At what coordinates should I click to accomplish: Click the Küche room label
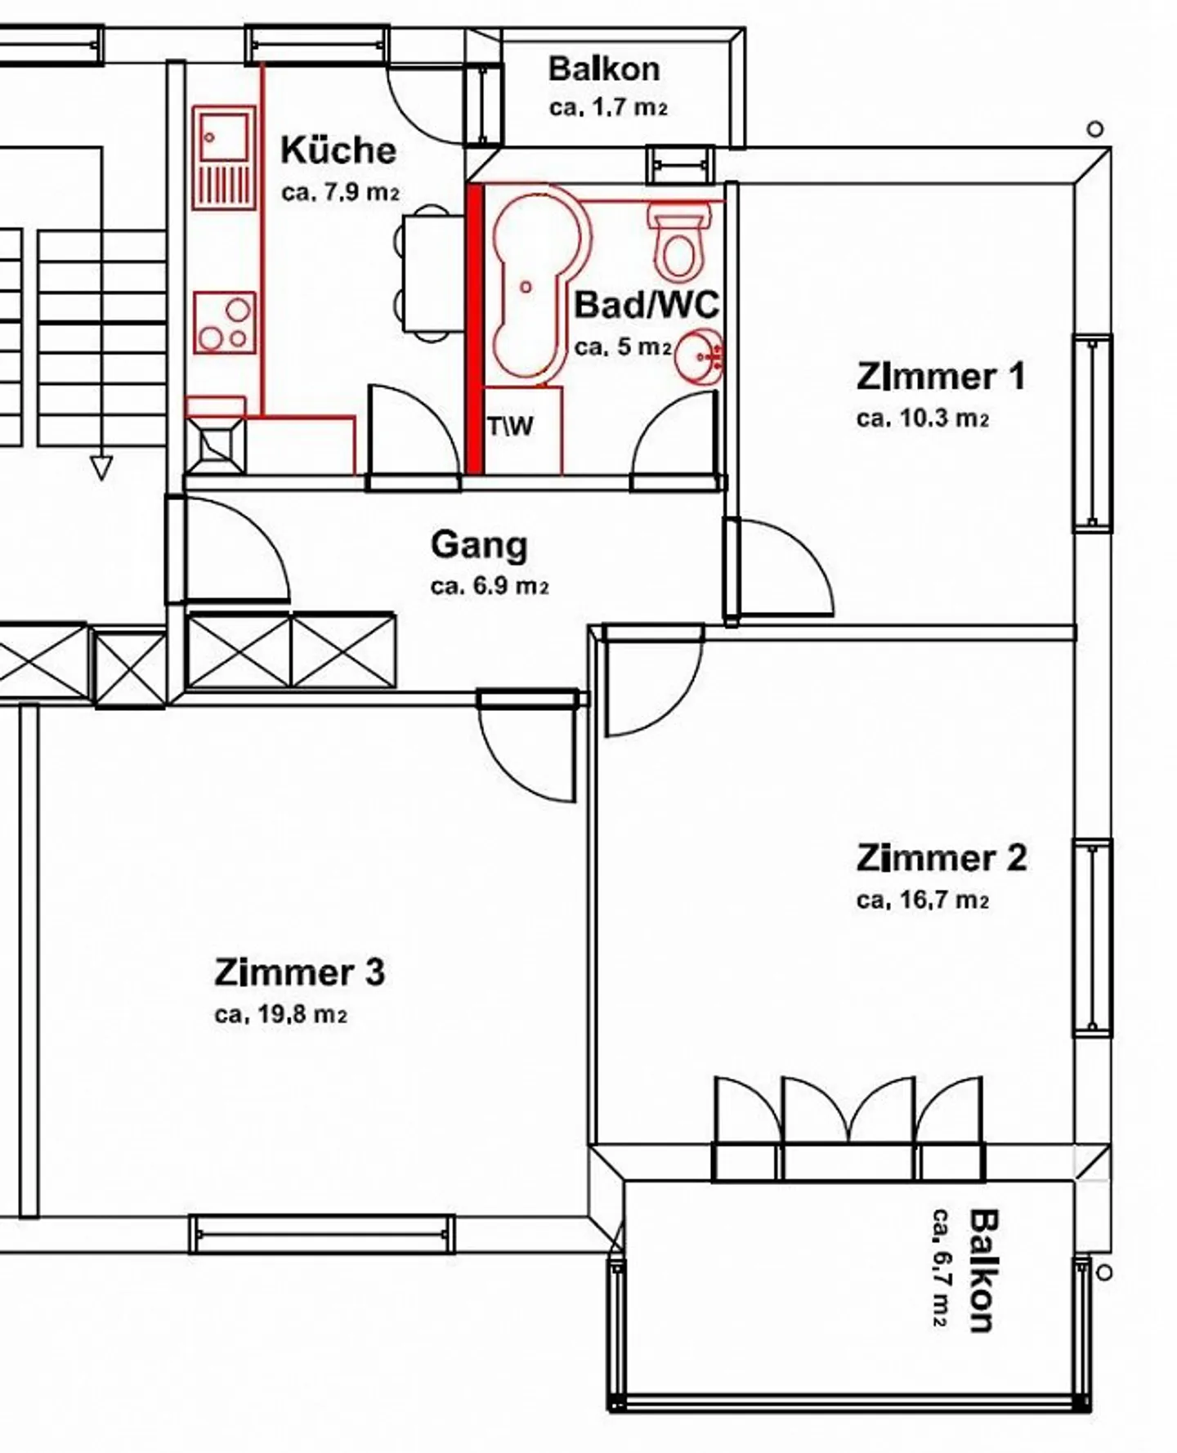[338, 151]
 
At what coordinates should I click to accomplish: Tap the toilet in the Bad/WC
[678, 241]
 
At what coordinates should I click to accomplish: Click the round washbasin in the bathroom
[700, 356]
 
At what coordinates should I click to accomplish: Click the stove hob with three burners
[225, 323]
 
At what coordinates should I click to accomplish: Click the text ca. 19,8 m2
[280, 1015]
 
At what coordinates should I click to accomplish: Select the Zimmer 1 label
[940, 378]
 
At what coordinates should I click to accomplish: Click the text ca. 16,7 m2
[923, 901]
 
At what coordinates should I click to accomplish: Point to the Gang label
[479, 545]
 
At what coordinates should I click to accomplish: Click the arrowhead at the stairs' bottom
[101, 468]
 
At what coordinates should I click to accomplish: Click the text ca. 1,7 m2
[608, 108]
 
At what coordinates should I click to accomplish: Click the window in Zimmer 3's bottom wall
[322, 1234]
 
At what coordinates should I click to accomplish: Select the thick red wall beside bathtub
[474, 327]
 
